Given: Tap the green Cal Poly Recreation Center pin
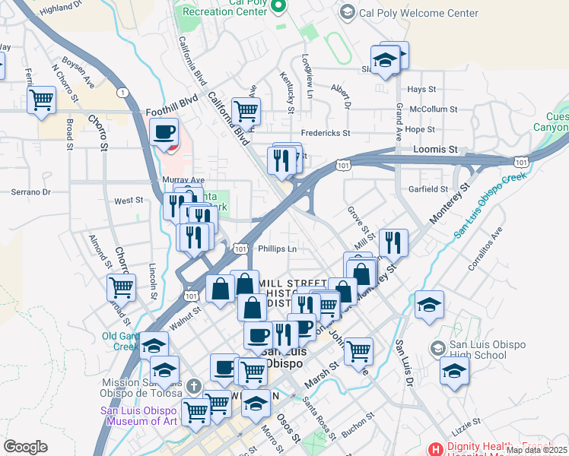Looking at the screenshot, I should [x=278, y=7].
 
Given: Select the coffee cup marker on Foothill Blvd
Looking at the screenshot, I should [x=164, y=132].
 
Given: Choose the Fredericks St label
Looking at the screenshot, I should [x=325, y=132].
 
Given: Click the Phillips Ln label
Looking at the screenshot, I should [x=277, y=249].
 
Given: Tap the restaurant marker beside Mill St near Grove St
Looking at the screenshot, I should [x=393, y=242].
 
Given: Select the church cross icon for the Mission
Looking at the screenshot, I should [x=195, y=386].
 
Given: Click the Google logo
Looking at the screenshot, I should [x=25, y=447].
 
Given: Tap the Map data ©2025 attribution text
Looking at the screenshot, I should [x=536, y=450].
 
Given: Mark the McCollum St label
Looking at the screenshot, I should [x=433, y=109].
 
